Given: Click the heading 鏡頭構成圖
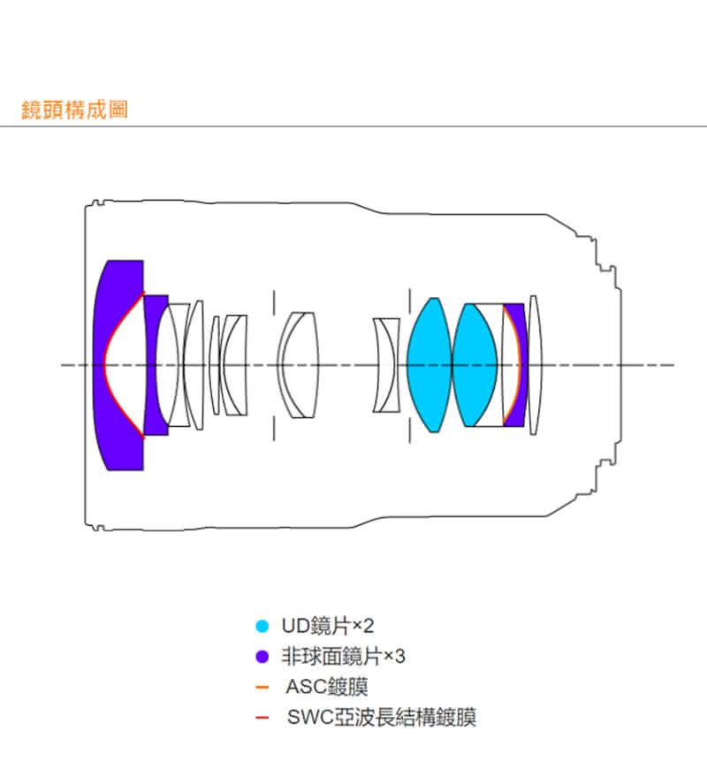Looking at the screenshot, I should click(x=74, y=110).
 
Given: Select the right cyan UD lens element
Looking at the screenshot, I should click(x=474, y=364).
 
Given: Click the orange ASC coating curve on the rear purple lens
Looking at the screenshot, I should click(x=518, y=364).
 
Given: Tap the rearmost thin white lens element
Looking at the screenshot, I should click(x=534, y=364).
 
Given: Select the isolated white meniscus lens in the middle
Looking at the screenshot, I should click(x=299, y=364).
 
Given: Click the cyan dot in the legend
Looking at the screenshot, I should click(x=262, y=627).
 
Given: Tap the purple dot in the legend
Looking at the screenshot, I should click(x=262, y=657).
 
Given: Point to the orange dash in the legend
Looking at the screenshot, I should click(x=262, y=687).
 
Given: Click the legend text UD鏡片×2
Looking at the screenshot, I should click(x=328, y=627).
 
